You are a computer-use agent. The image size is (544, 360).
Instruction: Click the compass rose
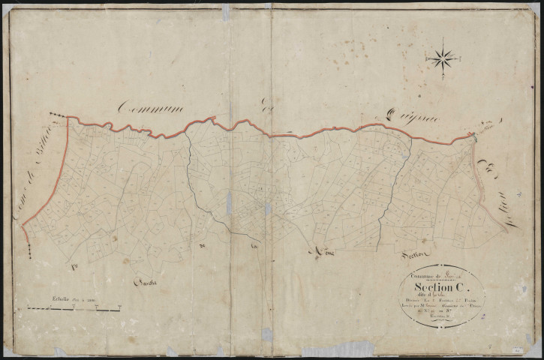443,57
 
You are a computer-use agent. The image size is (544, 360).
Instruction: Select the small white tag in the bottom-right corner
518,350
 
